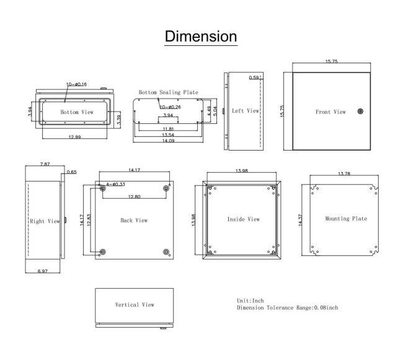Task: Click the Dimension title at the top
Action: coord(201,36)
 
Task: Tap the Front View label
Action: coord(330,112)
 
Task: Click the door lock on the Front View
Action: coord(360,112)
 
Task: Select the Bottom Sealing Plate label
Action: coord(168,92)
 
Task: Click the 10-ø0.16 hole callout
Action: coord(77,84)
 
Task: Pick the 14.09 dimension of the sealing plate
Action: coord(168,141)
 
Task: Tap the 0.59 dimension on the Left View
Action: coord(254,78)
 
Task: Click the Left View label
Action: coord(245,111)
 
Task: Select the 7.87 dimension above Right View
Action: coord(45,165)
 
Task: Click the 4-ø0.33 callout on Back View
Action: coord(116,184)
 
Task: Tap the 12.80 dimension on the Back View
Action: coord(135,197)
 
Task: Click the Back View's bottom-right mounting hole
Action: coord(166,251)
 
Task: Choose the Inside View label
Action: coord(243,219)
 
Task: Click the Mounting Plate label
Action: coord(346,219)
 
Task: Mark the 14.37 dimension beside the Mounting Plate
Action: coord(302,220)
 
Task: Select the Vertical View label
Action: coord(135,305)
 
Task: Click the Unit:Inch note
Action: coord(250,301)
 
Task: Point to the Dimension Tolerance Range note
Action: coord(288,307)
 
